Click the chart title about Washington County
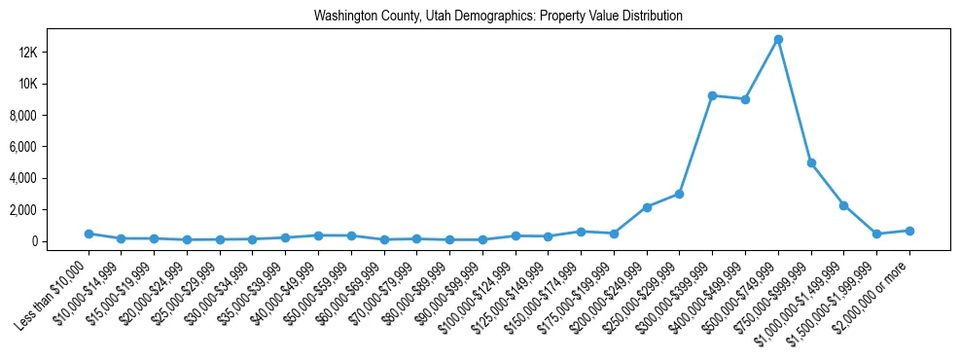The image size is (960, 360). coord(498,16)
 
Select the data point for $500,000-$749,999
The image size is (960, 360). coord(778,40)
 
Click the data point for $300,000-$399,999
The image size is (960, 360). coord(713,95)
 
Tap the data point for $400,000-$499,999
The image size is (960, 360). coord(745,99)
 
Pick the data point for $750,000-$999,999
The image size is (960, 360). coord(811,162)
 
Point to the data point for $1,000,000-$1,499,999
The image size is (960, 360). coord(844,205)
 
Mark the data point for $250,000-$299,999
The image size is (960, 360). coord(680,194)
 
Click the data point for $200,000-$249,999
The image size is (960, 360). coord(647,207)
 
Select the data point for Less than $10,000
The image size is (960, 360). coord(89,234)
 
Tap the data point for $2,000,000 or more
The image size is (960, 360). coord(909,231)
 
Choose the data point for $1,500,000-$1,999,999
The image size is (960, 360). coord(876,234)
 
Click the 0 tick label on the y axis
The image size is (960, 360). coord(59,241)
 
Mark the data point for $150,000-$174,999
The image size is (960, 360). coord(581,232)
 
